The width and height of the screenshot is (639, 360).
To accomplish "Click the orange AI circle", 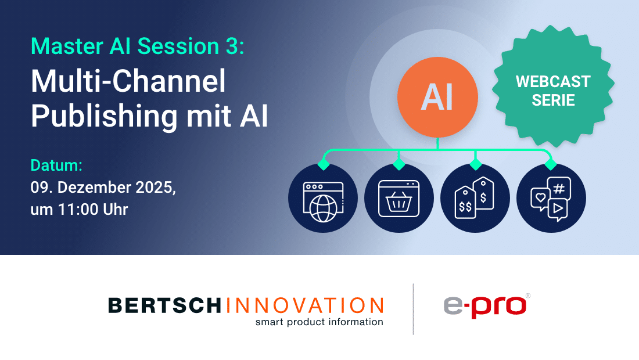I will tap(437, 96).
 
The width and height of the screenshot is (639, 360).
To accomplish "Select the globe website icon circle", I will tap(323, 198).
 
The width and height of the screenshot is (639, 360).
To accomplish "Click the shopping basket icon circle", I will tap(399, 198).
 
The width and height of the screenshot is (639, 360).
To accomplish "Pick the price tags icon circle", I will tap(475, 198).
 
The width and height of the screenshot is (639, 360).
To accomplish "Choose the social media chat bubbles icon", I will tap(551, 198).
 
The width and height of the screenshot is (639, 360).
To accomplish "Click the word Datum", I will tap(56, 165).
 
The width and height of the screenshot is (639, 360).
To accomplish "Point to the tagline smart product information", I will tap(319, 322).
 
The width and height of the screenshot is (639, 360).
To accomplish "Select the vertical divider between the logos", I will tap(414, 309).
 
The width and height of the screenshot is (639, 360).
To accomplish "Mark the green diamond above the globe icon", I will tap(324, 164).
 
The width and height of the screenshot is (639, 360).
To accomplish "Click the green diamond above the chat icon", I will tap(551, 164).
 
